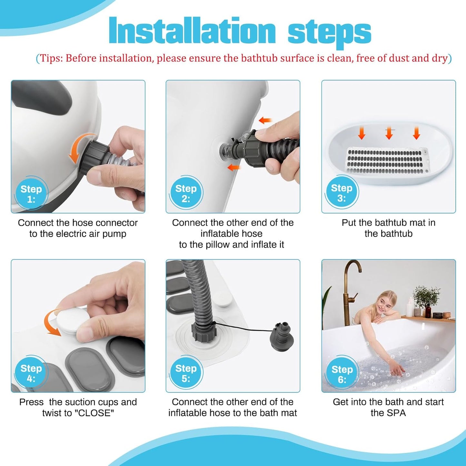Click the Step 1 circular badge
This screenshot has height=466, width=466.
(31, 194)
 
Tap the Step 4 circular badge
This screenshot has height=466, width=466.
(31, 373)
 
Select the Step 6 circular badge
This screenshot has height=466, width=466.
(342, 374)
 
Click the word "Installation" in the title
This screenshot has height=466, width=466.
(192, 31)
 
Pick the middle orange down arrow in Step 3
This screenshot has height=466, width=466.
(389, 133)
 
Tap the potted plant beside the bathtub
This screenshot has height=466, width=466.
(426, 298)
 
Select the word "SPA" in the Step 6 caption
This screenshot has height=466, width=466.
(396, 413)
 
